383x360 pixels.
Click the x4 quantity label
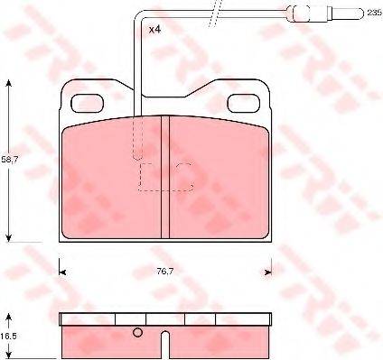tap(155, 30)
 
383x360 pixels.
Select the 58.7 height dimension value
tap(9, 159)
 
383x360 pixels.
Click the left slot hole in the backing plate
tap(89, 105)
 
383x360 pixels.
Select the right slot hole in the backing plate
tap(241, 105)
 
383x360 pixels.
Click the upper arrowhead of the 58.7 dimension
tap(10, 83)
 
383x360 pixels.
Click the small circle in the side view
tap(138, 333)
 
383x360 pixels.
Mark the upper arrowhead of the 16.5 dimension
tap(10, 317)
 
